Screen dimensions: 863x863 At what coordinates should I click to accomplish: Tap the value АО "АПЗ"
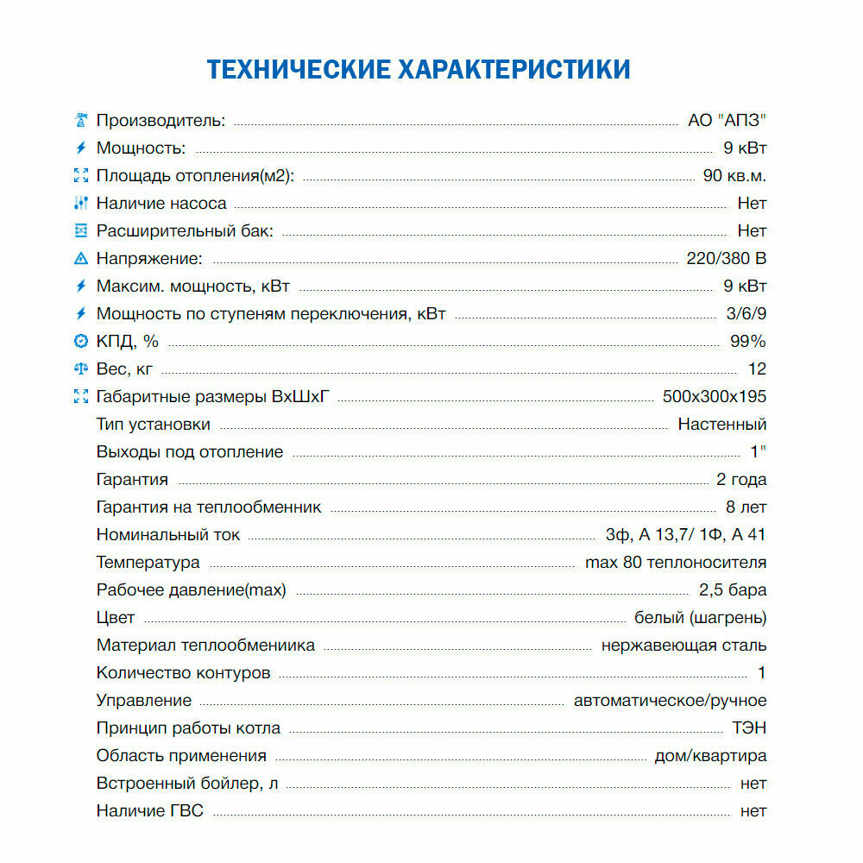coord(727,121)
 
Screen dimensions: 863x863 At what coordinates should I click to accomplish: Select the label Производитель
coord(161,121)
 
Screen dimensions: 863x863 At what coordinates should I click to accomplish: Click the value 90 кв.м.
coord(734,176)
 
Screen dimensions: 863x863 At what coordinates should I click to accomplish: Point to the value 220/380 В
coord(721,259)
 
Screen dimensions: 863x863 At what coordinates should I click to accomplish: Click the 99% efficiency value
coord(747,342)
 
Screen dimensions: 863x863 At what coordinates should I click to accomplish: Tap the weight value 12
coord(757,369)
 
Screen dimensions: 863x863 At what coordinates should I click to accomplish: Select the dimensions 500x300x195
coord(715,397)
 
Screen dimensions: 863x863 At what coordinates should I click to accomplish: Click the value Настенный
coord(721,425)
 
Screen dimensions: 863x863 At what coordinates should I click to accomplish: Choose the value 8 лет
coord(746,507)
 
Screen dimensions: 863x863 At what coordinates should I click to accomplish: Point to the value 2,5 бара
coord(733,590)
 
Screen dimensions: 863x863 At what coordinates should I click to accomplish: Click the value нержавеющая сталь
coord(683,646)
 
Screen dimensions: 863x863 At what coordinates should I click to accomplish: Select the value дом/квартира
coord(710,756)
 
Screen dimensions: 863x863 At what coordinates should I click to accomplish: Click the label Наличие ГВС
coord(150,811)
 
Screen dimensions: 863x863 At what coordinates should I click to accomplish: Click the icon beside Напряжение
coord(81,259)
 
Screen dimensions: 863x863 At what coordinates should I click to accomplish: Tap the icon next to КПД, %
coord(81,342)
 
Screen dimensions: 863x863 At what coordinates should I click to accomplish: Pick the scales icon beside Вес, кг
coord(81,369)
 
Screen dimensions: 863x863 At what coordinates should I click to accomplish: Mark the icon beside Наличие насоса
coord(81,204)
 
